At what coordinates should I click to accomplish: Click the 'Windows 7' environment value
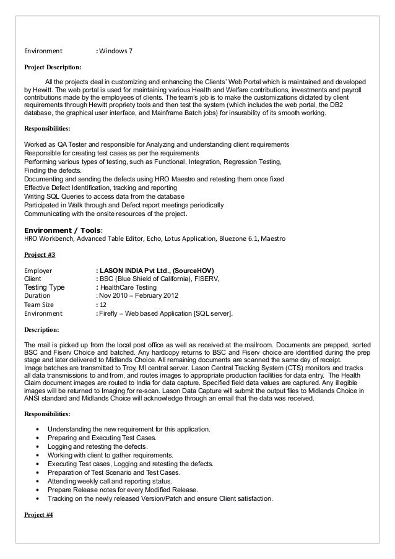tap(116, 50)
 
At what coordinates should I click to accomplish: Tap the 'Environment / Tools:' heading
tap(63, 230)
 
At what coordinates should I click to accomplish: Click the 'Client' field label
tap(33, 279)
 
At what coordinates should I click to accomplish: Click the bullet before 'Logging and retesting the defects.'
tap(40, 446)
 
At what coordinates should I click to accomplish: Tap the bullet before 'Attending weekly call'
tap(40, 481)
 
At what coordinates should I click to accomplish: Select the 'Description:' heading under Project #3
tap(41, 329)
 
